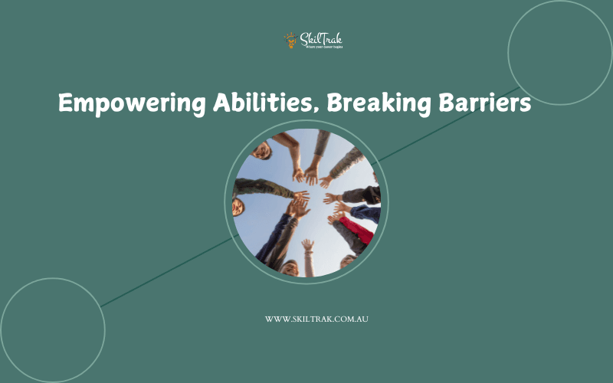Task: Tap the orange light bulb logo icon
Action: pos(290,39)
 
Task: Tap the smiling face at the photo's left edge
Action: pos(238,207)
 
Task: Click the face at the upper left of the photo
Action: pos(261,150)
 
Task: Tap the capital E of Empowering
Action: pos(66,103)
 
